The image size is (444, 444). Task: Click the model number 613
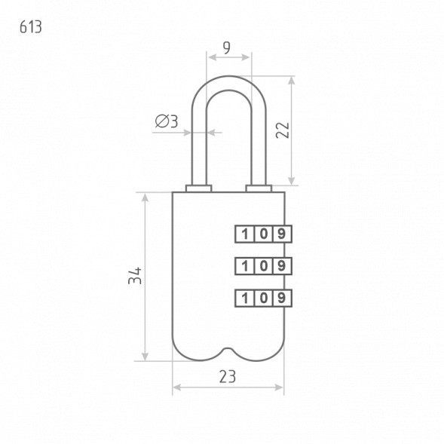tap(31, 27)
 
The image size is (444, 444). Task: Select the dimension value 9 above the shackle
tap(227, 47)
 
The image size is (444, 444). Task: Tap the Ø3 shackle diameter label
tap(167, 121)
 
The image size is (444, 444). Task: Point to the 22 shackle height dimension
tap(283, 130)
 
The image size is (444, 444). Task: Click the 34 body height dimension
tap(135, 275)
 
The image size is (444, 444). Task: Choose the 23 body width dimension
tap(228, 377)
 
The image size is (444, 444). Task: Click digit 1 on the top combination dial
tap(245, 234)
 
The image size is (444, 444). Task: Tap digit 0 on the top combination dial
tap(264, 234)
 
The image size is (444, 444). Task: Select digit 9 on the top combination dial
tap(281, 234)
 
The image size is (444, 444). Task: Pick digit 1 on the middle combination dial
tap(245, 266)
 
